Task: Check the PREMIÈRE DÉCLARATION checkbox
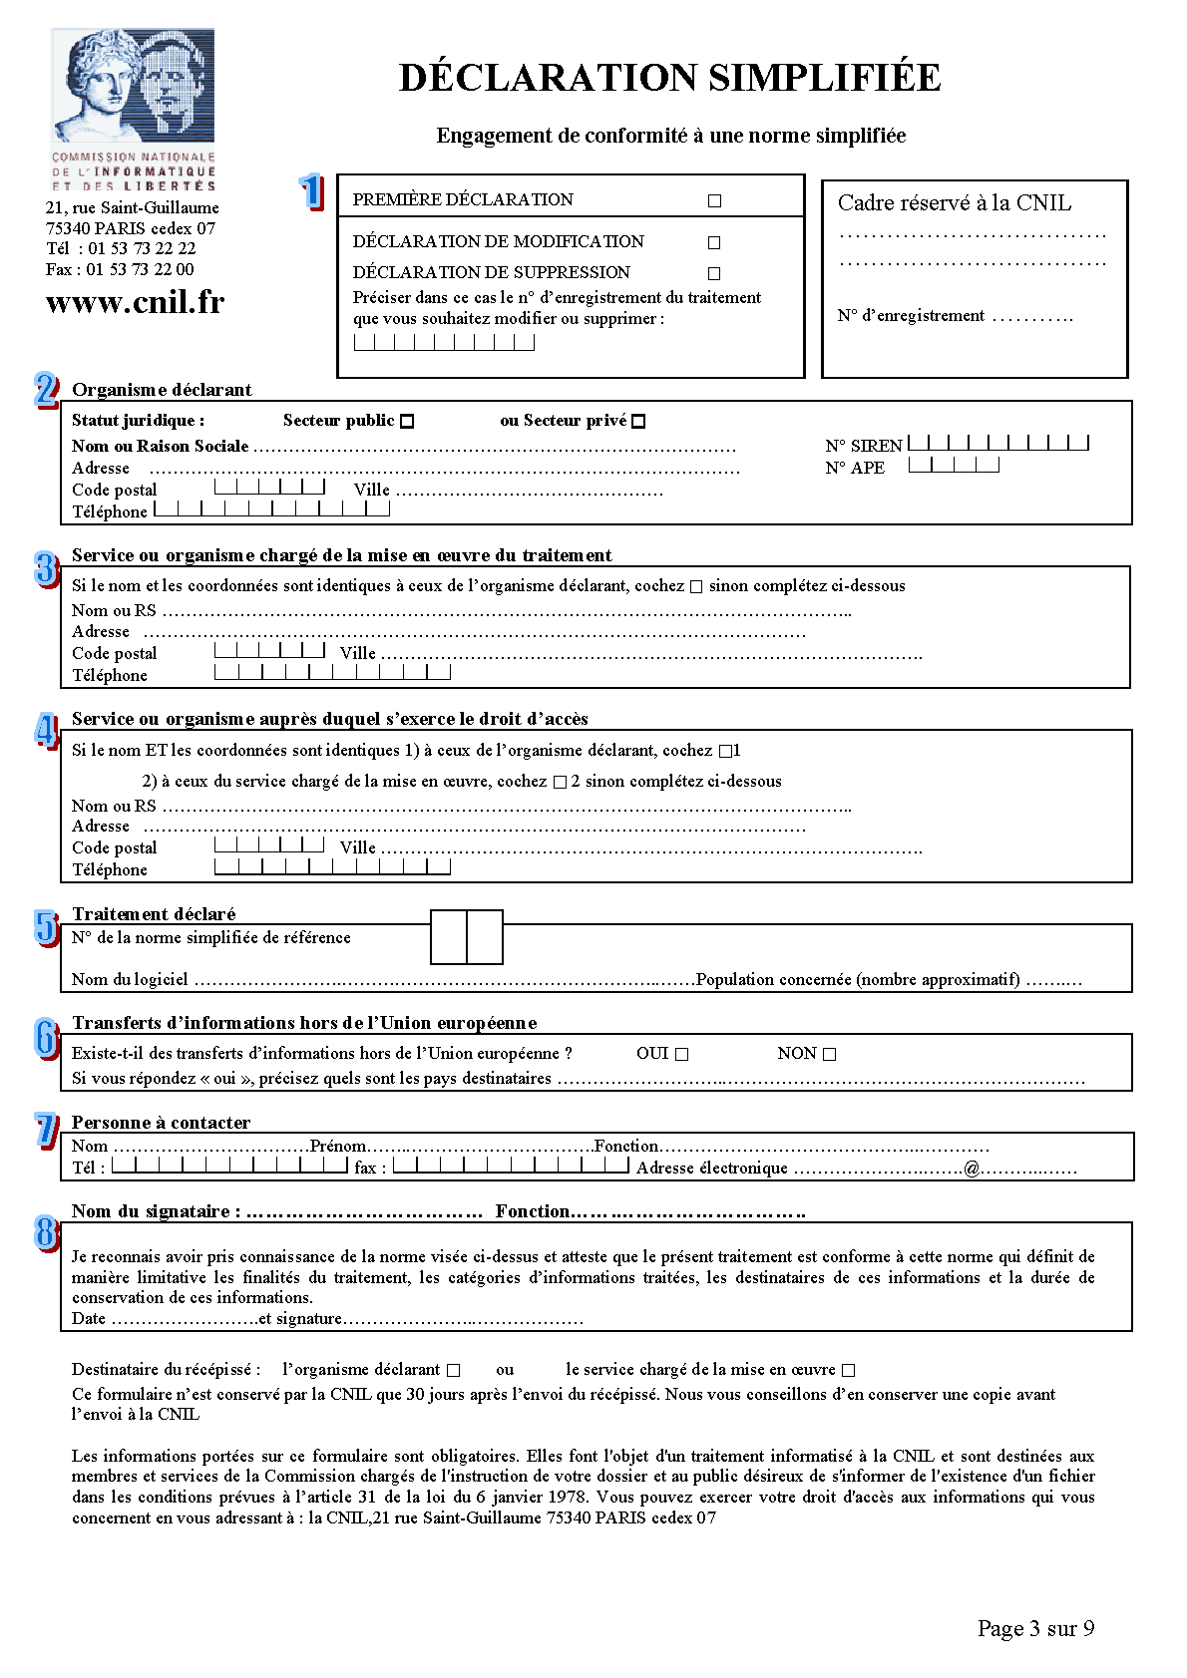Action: pos(714,200)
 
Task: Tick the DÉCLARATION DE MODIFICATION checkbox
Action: pos(714,242)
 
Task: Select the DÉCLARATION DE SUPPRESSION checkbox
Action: pos(714,273)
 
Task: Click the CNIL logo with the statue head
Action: pos(134,88)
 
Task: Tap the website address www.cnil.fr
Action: pos(136,302)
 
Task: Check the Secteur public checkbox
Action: pos(407,422)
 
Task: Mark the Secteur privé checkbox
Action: pos(639,422)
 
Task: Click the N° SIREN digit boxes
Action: pos(997,443)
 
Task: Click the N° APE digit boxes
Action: pos(954,465)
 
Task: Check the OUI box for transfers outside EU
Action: pos(682,1054)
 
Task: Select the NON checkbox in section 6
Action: pos(830,1054)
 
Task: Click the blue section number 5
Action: pos(47,927)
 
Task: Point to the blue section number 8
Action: pos(47,1232)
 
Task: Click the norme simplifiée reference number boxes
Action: pos(467,937)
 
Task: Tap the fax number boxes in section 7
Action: pos(511,1165)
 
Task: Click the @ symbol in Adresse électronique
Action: pos(972,1169)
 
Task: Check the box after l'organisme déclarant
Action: pos(454,1371)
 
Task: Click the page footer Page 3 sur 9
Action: pos(1035,1628)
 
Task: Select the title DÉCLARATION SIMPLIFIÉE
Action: pos(669,78)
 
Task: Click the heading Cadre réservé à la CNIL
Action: pos(954,203)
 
